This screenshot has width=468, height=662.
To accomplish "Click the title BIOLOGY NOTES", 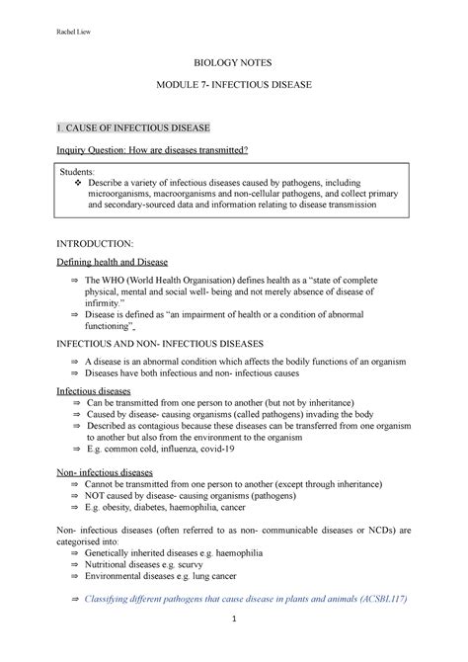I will (x=234, y=61).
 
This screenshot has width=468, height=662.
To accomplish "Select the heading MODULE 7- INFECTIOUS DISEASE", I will (x=234, y=87).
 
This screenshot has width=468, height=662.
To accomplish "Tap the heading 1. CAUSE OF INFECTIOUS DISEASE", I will (x=134, y=128).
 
